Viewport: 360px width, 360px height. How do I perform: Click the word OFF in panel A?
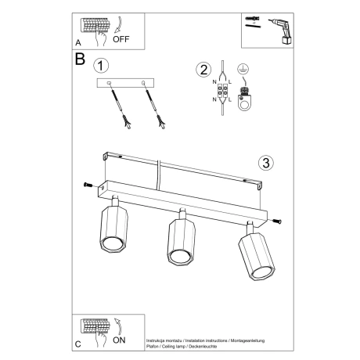[x=122, y=37]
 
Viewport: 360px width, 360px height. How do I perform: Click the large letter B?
[x=80, y=59]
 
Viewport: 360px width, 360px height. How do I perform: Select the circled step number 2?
[x=204, y=70]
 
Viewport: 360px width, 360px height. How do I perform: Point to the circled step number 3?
[x=265, y=163]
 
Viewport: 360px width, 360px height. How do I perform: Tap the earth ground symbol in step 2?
[x=245, y=72]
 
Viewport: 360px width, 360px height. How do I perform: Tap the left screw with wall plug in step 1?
[x=118, y=104]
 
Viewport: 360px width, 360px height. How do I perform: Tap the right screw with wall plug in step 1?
[x=153, y=104]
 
